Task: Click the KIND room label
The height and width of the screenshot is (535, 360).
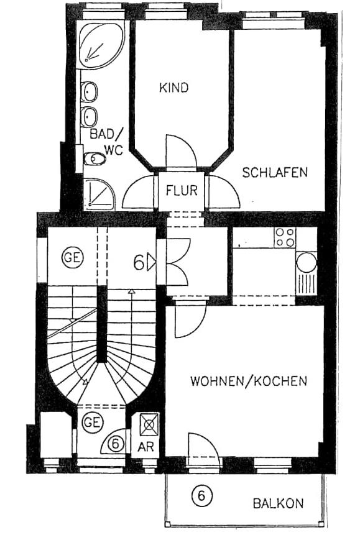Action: tap(173, 88)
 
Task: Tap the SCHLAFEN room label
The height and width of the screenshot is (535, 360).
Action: tap(275, 173)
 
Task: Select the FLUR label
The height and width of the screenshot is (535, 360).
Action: tap(182, 190)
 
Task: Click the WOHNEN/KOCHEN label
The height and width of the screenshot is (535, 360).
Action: tap(249, 381)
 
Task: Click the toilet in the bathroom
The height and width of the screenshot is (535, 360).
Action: tap(95, 159)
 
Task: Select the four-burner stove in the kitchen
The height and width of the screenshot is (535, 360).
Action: tap(285, 237)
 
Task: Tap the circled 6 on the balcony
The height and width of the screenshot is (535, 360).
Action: tap(200, 496)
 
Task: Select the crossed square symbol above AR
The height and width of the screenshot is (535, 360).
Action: tap(149, 425)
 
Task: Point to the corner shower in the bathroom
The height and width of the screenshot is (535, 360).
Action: tap(99, 194)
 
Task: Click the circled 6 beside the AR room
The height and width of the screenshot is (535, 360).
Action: tap(115, 444)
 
